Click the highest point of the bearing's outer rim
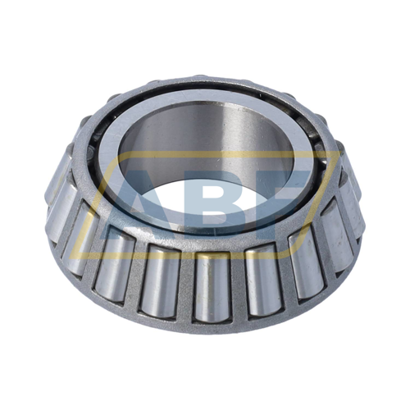click(x=205, y=80)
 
